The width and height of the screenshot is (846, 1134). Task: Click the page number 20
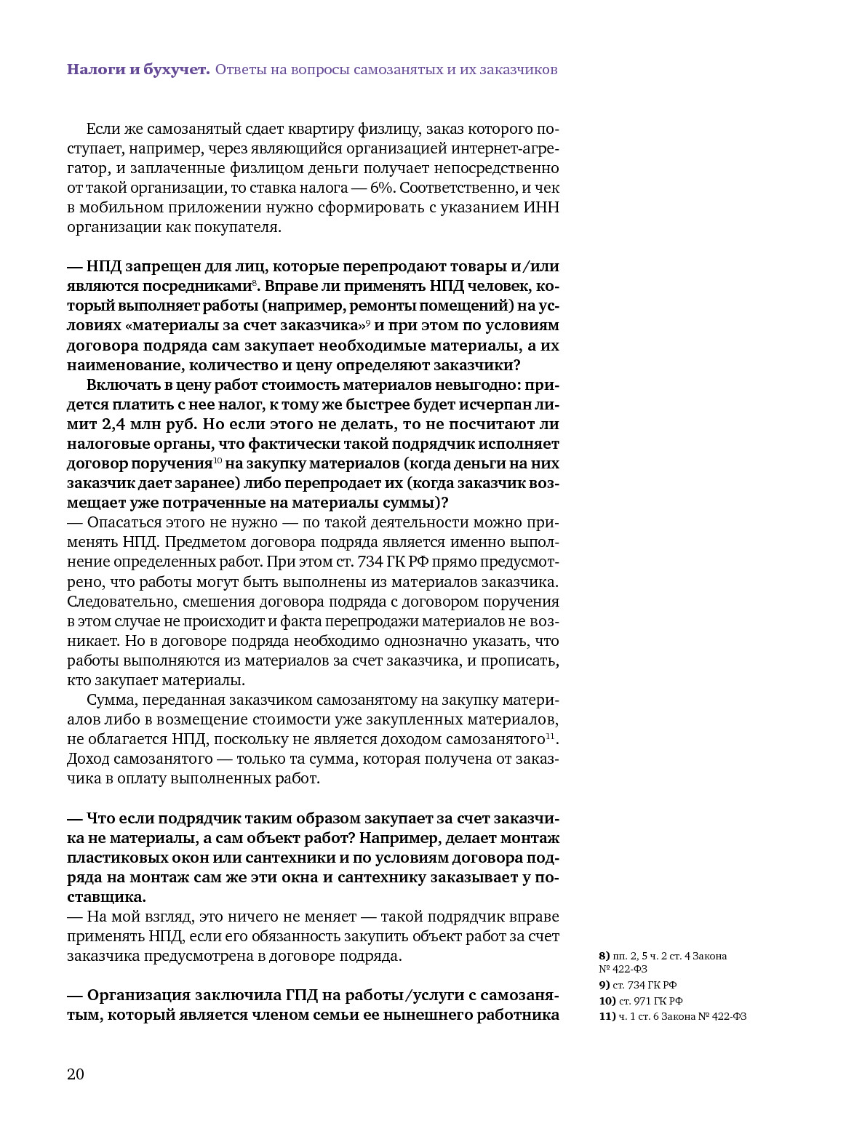[x=76, y=1074]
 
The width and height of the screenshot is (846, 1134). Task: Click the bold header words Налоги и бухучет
[x=138, y=70]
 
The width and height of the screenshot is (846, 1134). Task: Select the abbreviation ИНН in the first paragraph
[x=540, y=207]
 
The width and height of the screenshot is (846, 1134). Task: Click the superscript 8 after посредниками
[x=254, y=282]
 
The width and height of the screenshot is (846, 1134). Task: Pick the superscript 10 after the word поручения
[x=218, y=461]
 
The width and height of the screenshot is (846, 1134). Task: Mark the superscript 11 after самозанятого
[x=551, y=736]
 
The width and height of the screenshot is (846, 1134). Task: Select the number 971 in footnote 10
[x=640, y=1001]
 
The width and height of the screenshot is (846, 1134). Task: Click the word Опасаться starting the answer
[x=119, y=522]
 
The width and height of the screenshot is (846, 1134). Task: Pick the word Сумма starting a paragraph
[x=111, y=700]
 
